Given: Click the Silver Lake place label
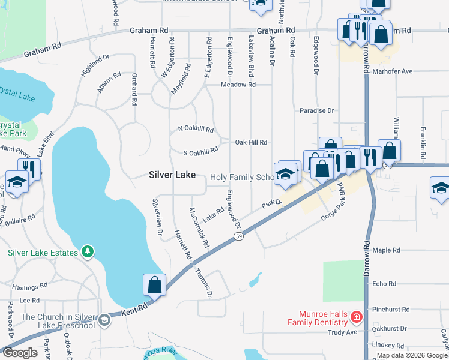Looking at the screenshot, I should coord(172,175).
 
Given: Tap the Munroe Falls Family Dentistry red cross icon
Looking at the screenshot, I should coord(356,316).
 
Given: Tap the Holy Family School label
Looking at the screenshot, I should coord(243,178).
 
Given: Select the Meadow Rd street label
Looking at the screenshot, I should coord(238,85).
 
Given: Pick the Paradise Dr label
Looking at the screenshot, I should coord(317,110).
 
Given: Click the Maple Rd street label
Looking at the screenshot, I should coord(385,250).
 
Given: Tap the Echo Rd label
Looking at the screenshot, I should coord(384,284).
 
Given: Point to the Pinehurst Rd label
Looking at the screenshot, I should coord(390,310).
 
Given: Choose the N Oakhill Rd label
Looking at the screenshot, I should coord(196,129).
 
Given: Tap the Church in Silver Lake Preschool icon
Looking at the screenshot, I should coord(104,319).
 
